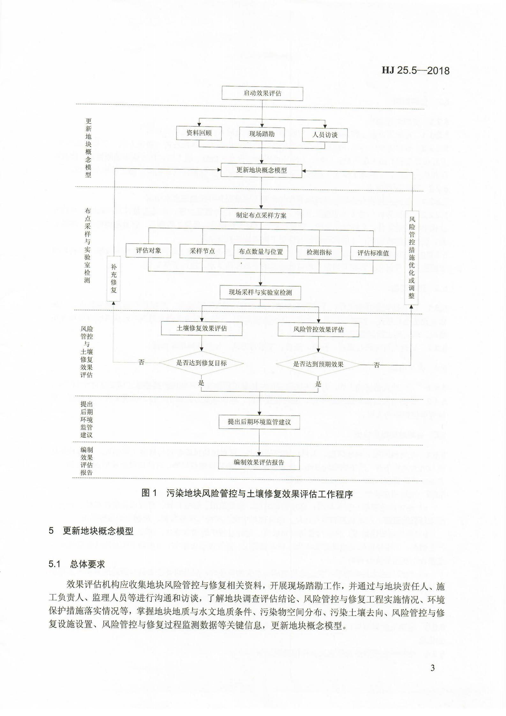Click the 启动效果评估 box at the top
262,93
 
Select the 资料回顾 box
199,133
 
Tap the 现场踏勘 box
262,134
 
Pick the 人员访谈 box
325,135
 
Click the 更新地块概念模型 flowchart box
261,170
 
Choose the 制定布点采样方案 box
261,215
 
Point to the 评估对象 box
148,251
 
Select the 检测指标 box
319,253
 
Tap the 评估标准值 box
373,253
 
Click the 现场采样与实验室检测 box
260,292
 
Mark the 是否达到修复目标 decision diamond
201,363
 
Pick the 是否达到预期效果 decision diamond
318,364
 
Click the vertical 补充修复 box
114,278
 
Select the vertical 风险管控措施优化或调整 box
412,258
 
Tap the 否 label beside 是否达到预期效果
377,365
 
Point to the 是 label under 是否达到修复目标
201,383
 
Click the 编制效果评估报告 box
259,462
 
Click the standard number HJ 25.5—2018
416,70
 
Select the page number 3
433,668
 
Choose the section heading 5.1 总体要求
77,564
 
